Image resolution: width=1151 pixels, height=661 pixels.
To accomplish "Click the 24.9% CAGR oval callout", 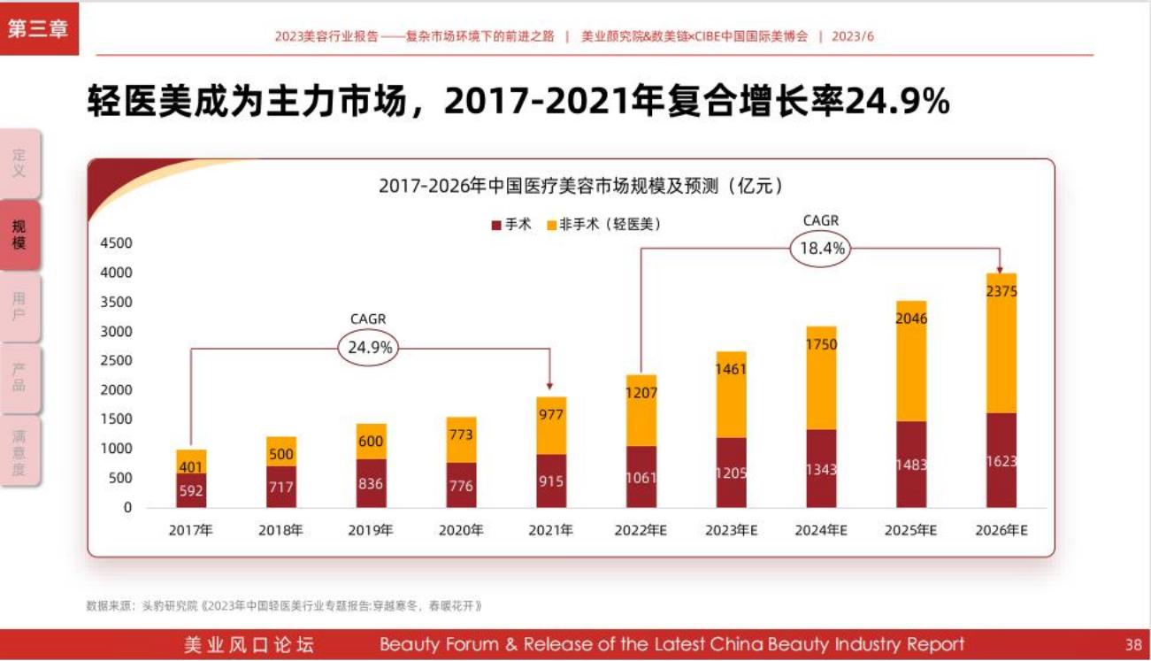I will point(369,348).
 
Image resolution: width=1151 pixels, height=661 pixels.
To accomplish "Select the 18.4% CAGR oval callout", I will point(822,249).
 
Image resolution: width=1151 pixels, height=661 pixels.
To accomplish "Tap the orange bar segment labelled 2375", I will point(1001,343).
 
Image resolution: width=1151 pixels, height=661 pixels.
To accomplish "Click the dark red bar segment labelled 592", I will point(191,490).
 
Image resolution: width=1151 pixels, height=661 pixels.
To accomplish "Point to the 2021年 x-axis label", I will point(550,531).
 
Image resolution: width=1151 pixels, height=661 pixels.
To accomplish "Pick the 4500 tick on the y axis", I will point(116,243).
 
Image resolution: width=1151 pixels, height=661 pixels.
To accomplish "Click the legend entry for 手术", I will point(511,225).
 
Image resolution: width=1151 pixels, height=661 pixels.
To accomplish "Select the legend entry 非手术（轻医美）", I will point(604,225).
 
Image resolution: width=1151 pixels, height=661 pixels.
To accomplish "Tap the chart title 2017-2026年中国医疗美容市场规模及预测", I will point(579,186).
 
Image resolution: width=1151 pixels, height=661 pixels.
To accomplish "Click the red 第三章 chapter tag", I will point(38,27).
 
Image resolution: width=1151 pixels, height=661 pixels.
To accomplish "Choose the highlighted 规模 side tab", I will point(19,235).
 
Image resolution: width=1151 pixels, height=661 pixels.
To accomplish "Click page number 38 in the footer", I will point(1133,644).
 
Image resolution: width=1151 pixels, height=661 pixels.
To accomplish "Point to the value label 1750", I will point(821,345).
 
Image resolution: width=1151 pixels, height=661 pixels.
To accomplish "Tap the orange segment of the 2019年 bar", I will point(371,442).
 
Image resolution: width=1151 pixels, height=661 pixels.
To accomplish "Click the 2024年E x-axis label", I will point(821,531).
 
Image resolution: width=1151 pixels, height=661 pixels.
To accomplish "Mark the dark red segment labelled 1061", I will point(641,477).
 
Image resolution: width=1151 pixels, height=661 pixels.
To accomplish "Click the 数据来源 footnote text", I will point(283,606).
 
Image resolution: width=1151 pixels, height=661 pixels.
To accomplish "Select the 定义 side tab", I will point(19,164).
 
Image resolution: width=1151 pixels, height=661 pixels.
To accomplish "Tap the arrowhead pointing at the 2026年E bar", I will point(1001,268).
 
